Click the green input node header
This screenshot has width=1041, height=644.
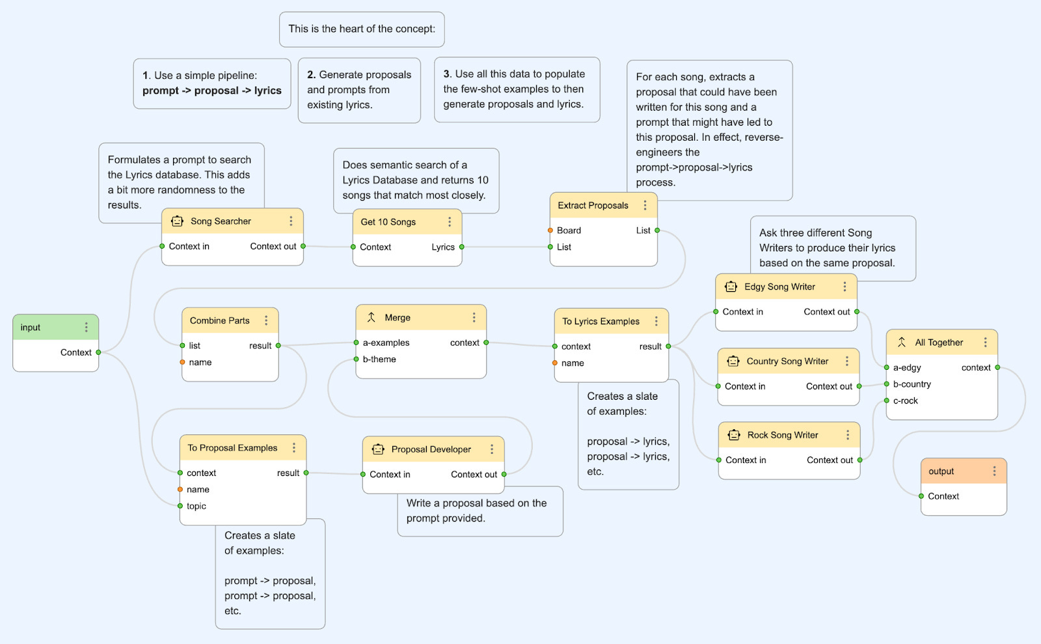56,328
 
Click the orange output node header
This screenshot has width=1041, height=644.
964,471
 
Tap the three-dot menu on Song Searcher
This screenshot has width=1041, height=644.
291,221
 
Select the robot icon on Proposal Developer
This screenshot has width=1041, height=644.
378,449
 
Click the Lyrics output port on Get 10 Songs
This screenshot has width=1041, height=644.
461,247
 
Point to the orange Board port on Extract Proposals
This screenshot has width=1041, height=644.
550,230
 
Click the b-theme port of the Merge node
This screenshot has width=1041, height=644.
356,359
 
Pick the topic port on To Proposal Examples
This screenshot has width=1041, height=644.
180,506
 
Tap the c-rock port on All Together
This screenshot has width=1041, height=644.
886,400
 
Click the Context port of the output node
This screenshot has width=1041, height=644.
921,496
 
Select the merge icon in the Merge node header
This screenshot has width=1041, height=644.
371,317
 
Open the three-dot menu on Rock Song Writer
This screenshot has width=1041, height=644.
848,435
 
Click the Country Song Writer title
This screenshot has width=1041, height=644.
787,361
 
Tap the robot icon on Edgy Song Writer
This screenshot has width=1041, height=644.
731,287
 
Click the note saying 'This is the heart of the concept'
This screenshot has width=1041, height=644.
362,29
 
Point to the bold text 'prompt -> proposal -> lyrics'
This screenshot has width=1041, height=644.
212,91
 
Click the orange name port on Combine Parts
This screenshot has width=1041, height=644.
182,362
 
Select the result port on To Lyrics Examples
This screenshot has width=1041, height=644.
668,346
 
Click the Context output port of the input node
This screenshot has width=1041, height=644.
98,352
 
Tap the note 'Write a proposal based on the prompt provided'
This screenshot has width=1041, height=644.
480,511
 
